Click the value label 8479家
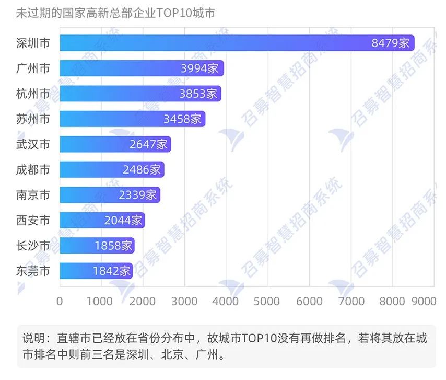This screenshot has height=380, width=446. point(391,43)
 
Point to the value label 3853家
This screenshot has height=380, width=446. point(198,94)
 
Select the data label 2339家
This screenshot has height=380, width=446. point(137,195)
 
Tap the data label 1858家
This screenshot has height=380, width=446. point(113,245)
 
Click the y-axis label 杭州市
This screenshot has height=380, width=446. point(33,94)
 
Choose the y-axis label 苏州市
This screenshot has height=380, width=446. point(33,119)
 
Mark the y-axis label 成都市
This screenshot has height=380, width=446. point(33,169)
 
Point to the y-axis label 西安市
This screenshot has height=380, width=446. point(33,220)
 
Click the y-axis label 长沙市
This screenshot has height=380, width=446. point(33,245)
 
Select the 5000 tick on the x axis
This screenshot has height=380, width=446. point(268,301)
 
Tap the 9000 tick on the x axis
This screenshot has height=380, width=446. point(424,301)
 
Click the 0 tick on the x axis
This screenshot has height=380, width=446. point(60,301)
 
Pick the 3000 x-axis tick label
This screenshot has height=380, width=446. point(184,301)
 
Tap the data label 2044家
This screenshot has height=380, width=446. point(123,220)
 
